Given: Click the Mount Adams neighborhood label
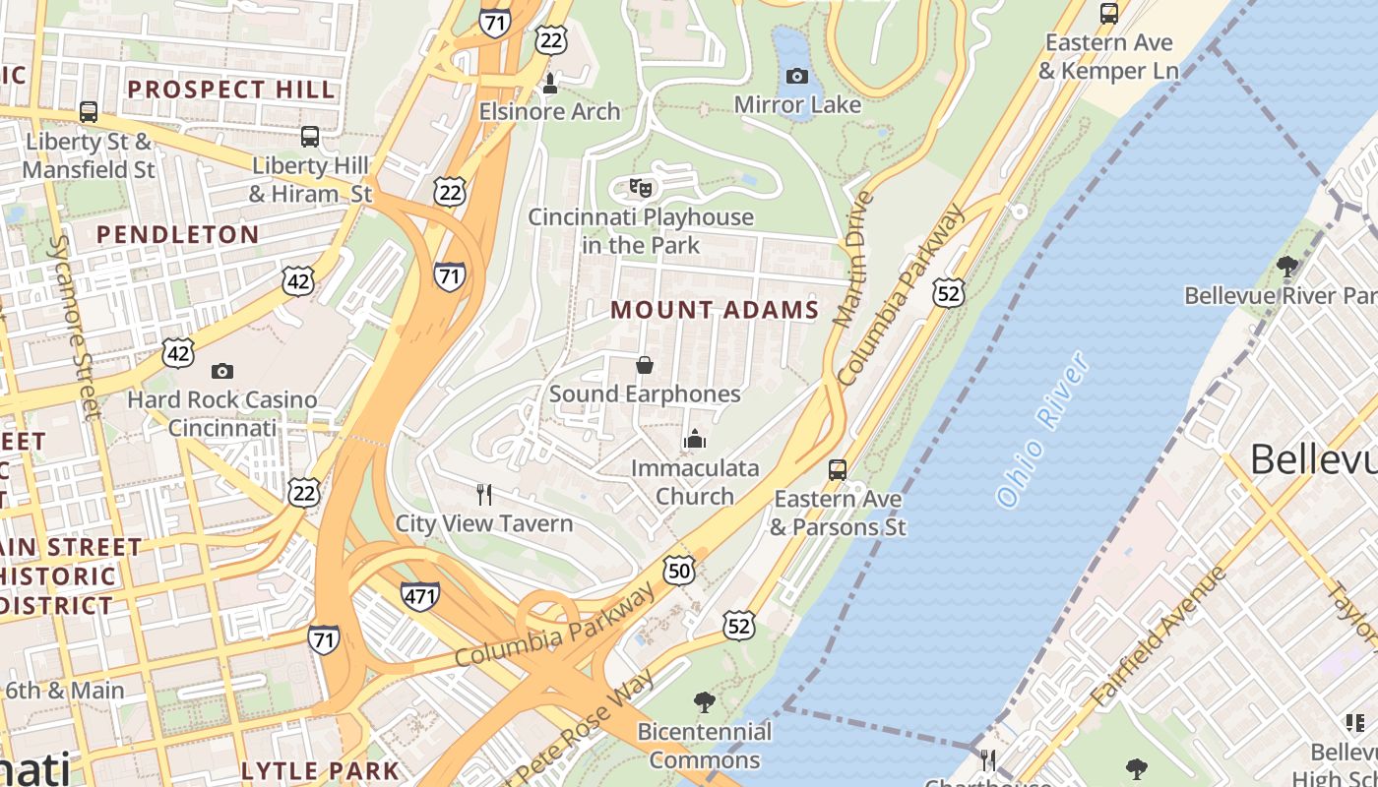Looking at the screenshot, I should pyautogui.click(x=715, y=310).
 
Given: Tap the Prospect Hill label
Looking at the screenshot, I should pyautogui.click(x=231, y=90).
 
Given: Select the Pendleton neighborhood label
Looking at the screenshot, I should pyautogui.click(x=177, y=234).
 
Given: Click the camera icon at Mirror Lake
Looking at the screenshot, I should pyautogui.click(x=797, y=76).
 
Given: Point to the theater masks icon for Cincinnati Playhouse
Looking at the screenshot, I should pyautogui.click(x=641, y=187).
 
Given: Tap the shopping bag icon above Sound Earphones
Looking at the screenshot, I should pyautogui.click(x=645, y=366).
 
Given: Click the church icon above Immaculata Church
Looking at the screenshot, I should pyautogui.click(x=695, y=439).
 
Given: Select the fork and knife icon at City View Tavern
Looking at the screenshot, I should pyautogui.click(x=483, y=494).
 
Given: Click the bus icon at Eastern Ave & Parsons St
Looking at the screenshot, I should pyautogui.click(x=838, y=470).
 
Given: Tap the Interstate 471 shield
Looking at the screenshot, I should pyautogui.click(x=420, y=595).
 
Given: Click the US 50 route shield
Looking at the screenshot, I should pyautogui.click(x=679, y=570).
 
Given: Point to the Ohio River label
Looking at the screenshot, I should pyautogui.click(x=1043, y=430).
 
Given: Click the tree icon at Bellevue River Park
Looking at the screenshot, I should pyautogui.click(x=1286, y=266).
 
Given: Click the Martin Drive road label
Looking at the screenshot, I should pyautogui.click(x=853, y=259).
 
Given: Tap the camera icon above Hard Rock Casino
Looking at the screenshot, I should pyautogui.click(x=222, y=371).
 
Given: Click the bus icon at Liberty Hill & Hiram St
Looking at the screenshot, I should pyautogui.click(x=310, y=136).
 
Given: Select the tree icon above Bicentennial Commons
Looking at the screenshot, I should pyautogui.click(x=704, y=702).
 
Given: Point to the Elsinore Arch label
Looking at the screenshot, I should pyautogui.click(x=549, y=111).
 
